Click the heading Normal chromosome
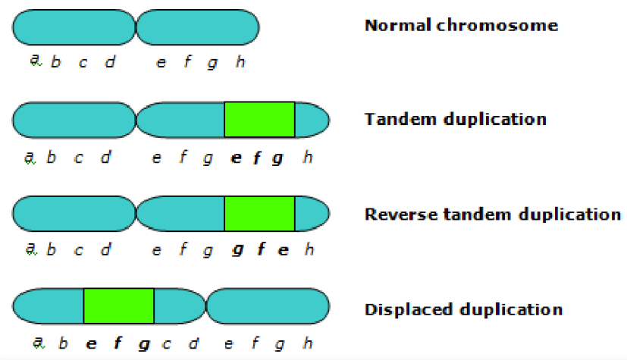tap(461, 25)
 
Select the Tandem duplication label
tap(455, 120)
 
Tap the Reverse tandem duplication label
tap(493, 214)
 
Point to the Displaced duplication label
tap(463, 309)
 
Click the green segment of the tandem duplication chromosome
tap(259, 120)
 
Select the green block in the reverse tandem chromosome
tap(259, 214)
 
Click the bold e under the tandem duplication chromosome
tap(235, 158)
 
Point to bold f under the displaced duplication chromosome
tap(118, 344)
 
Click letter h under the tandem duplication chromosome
tap(307, 158)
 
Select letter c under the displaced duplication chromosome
tap(166, 344)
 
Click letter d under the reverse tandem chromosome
tap(106, 249)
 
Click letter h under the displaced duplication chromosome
tap(307, 344)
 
